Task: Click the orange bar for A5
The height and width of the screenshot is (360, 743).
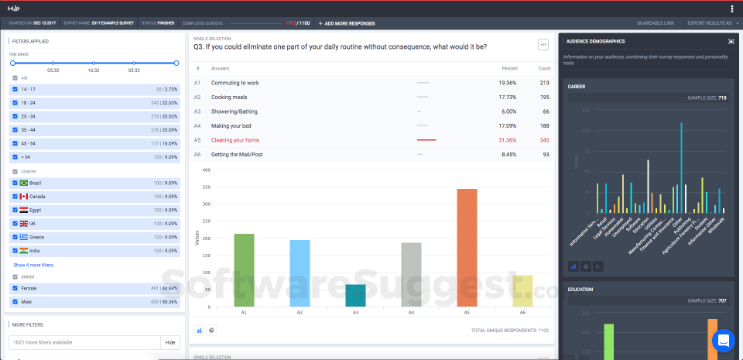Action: point(466,248)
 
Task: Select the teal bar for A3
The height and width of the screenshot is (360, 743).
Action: point(355,296)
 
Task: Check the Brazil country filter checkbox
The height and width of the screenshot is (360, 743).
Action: point(15,183)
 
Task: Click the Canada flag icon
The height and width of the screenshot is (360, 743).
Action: point(24,196)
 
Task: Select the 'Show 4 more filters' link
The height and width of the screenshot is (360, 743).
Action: point(34,265)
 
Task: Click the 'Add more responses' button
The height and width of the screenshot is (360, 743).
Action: point(346,23)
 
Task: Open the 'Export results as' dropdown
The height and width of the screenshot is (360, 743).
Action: point(710,23)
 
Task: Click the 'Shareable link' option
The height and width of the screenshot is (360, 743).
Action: point(655,23)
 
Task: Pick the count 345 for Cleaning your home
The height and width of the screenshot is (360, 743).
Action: point(544,140)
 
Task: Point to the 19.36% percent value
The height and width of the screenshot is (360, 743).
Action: point(508,82)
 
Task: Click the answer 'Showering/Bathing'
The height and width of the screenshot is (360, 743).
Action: point(235,111)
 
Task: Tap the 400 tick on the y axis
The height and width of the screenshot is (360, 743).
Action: point(206,170)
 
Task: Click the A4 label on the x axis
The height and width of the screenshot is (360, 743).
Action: point(411,312)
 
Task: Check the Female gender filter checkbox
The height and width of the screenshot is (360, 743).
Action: point(15,288)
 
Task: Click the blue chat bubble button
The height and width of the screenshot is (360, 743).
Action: point(723,340)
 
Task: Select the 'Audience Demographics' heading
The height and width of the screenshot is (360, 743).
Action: point(595,41)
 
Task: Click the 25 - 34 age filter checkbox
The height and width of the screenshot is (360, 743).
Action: point(15,115)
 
